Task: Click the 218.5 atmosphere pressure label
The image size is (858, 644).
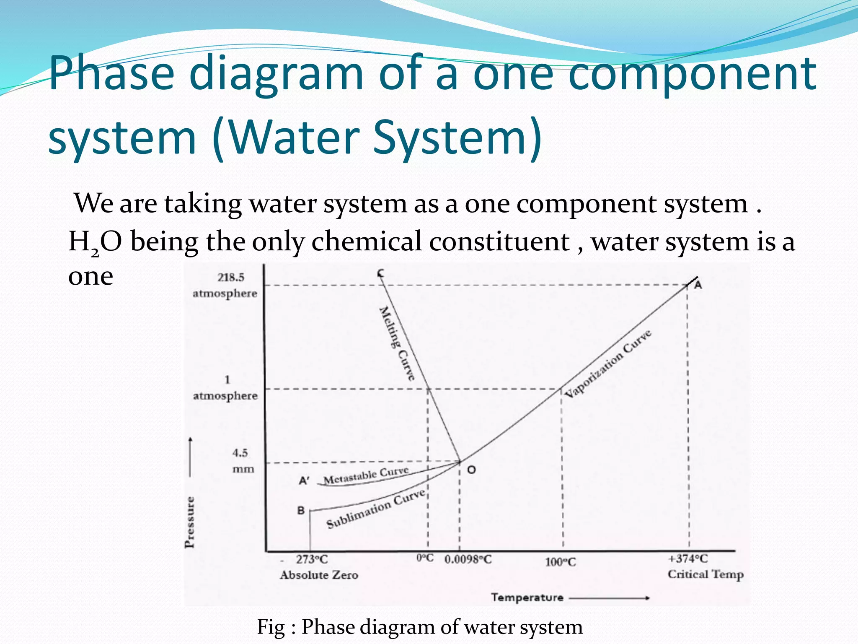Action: pyautogui.click(x=225, y=285)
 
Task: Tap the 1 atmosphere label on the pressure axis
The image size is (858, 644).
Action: pyautogui.click(x=225, y=388)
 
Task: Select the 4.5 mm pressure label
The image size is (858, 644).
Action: pyautogui.click(x=242, y=460)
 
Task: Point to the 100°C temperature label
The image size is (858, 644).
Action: pyautogui.click(x=561, y=562)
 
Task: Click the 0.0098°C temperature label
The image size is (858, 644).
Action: pyautogui.click(x=468, y=559)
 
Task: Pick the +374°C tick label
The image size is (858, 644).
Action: pyautogui.click(x=688, y=558)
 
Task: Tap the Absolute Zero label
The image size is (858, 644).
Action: pyautogui.click(x=319, y=574)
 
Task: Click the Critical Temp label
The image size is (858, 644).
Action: pyautogui.click(x=706, y=574)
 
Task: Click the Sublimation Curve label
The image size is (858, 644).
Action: pyautogui.click(x=376, y=509)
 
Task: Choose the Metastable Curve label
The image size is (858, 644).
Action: pyautogui.click(x=366, y=475)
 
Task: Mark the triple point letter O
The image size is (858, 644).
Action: pyautogui.click(x=471, y=470)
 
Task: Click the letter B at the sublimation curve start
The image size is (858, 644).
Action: pyautogui.click(x=301, y=511)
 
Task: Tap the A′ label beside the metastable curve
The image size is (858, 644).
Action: pyautogui.click(x=304, y=480)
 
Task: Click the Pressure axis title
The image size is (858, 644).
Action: pyautogui.click(x=190, y=522)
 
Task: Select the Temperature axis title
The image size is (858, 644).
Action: pyautogui.click(x=527, y=597)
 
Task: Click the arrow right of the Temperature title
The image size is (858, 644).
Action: pyautogui.click(x=610, y=598)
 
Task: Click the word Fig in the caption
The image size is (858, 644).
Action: pyautogui.click(x=271, y=627)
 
